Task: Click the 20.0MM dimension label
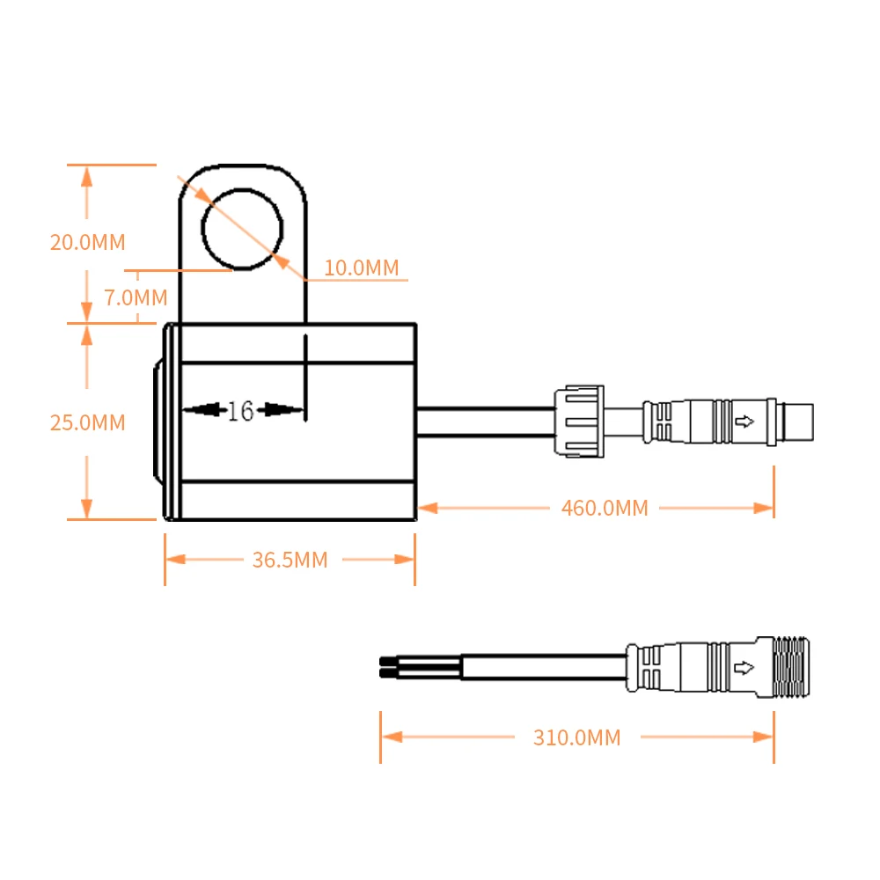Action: (87, 242)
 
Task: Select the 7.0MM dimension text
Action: (136, 297)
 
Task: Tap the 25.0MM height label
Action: (87, 422)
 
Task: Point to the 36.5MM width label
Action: (290, 560)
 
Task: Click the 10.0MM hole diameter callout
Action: (361, 268)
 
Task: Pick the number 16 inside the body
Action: (240, 410)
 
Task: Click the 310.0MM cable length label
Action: (576, 737)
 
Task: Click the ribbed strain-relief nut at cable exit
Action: (578, 422)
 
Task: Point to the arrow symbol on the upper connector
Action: (744, 422)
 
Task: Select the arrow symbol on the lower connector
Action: (744, 666)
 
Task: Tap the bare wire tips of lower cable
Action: (387, 666)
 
